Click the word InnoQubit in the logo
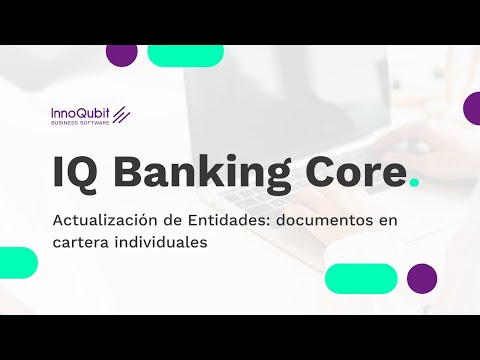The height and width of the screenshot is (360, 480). click(80, 113)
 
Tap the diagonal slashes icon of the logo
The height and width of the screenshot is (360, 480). click(122, 114)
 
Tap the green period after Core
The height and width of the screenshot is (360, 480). click(414, 183)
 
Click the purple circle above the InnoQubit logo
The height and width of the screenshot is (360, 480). click(121, 53)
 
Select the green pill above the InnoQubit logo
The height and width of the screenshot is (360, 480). click(185, 55)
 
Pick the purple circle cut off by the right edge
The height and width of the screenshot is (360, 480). click(472, 107)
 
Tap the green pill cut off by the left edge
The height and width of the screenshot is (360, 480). click(17, 262)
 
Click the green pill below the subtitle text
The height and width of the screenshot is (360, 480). click(360, 278)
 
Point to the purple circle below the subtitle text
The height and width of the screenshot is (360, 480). click(422, 278)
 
